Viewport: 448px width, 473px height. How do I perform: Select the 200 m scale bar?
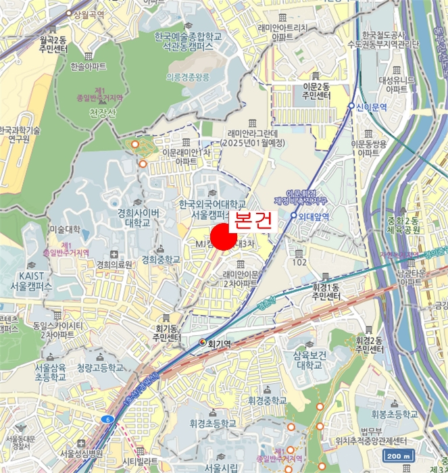click(398, 455)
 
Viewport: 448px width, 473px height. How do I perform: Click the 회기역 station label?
click(219, 343)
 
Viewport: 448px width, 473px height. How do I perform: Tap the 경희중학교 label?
click(160, 259)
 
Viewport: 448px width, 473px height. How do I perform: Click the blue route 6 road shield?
click(107, 419)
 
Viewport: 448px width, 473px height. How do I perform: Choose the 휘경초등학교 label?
click(212, 424)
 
